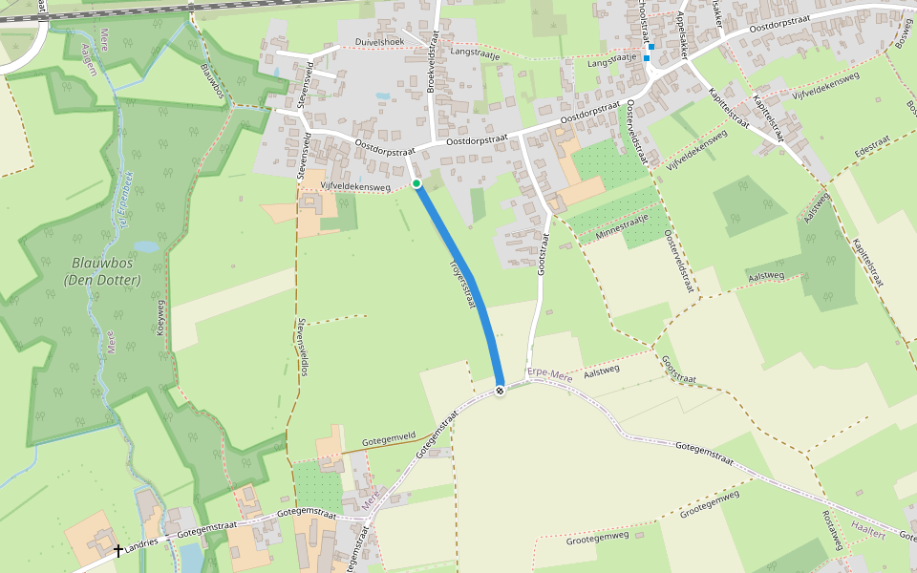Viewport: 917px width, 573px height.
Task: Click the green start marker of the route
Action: [x=416, y=182]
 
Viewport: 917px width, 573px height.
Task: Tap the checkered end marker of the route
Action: [x=501, y=390]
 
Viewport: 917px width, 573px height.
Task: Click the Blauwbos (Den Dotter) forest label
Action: [x=102, y=271]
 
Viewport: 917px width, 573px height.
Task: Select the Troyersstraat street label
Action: [x=461, y=281]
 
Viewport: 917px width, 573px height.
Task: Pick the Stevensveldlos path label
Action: [x=303, y=346]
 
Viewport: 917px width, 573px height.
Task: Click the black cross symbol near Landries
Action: [x=118, y=550]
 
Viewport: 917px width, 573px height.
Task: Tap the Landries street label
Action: [x=141, y=542]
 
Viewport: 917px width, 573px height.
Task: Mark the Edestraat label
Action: [x=873, y=147]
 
